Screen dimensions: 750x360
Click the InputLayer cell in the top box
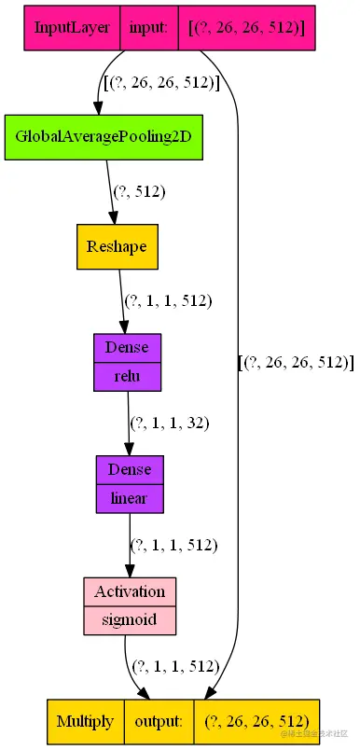[72, 28]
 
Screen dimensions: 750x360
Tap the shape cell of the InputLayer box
[246, 28]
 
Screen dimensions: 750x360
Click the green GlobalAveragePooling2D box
[104, 136]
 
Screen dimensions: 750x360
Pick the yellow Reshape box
[117, 246]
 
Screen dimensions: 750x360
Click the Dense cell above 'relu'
[127, 347]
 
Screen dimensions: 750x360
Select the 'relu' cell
[127, 376]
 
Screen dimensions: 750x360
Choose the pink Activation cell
[130, 591]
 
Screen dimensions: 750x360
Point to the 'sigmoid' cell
[130, 619]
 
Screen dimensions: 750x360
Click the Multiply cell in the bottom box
[85, 721]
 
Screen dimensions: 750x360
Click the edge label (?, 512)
[139, 191]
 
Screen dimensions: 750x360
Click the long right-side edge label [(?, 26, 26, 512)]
[297, 362]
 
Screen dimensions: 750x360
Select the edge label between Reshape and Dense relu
[168, 300]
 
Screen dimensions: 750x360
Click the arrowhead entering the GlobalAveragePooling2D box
[99, 106]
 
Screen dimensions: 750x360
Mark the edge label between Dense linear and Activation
[173, 545]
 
